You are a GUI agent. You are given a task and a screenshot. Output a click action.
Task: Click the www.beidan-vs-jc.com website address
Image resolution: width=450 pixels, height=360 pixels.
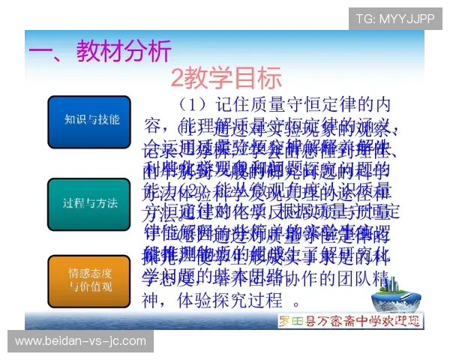(x=80, y=341)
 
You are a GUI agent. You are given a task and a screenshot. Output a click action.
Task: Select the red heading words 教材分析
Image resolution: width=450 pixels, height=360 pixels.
(x=124, y=50)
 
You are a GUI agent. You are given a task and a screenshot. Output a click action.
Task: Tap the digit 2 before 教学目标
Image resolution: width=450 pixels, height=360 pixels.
(x=178, y=77)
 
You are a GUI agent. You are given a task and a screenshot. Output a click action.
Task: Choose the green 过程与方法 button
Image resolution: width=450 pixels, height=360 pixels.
(x=88, y=203)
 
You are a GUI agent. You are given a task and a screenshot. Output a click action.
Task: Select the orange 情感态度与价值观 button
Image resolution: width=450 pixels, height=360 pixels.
(x=88, y=278)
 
